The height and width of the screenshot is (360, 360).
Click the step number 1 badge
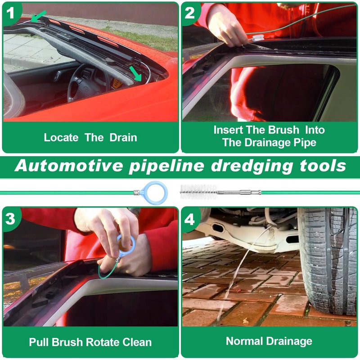click(10, 13)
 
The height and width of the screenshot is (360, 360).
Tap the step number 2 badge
click(189, 13)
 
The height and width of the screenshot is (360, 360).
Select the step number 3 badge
click(10, 219)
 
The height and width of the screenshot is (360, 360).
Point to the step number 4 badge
click(189, 219)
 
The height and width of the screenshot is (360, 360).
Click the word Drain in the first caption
click(123, 138)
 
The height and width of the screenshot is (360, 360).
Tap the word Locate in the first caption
click(61, 138)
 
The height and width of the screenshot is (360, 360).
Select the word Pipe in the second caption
click(305, 143)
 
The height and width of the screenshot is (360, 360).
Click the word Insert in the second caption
click(228, 130)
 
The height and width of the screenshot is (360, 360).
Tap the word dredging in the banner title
click(252, 166)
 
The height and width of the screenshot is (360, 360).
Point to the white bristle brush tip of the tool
click(198, 192)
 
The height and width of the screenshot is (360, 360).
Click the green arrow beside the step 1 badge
click(39, 17)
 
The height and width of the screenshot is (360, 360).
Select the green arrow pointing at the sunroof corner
click(136, 74)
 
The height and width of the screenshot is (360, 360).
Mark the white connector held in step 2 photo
click(258, 38)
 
